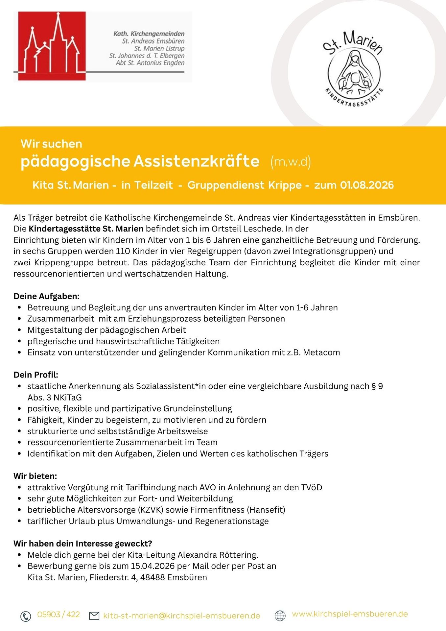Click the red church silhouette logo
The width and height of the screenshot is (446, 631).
point(52,46)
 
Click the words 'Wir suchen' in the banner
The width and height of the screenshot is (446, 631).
point(51,144)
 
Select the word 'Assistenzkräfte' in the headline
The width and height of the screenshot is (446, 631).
point(197,161)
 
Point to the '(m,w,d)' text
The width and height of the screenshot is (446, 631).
point(291,162)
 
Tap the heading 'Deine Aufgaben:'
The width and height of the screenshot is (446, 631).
point(46,296)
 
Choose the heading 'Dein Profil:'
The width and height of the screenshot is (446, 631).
point(36,375)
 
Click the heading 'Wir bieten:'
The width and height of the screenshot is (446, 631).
point(35,476)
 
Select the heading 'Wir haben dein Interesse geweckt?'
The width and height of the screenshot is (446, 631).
point(83,544)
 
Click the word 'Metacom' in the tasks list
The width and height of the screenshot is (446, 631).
point(321,352)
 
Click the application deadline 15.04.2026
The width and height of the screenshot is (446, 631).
point(153,566)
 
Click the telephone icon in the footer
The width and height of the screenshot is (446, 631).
point(26,616)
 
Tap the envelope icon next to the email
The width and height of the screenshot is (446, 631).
point(94,616)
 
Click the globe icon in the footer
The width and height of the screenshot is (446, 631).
point(280,616)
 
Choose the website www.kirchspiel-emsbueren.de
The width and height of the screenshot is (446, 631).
point(350,614)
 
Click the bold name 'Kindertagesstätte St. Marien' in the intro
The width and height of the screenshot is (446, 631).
point(86,229)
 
